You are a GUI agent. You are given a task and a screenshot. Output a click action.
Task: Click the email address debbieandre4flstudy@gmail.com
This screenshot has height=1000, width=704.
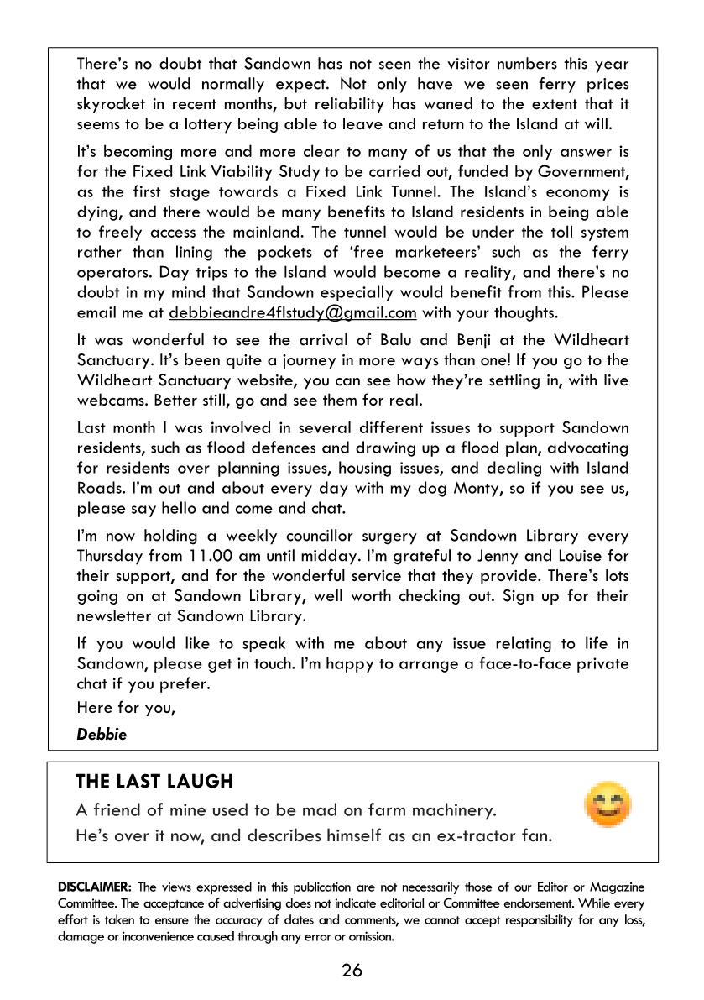tap(292, 313)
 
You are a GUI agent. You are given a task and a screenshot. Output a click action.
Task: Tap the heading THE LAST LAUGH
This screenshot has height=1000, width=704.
tap(154, 782)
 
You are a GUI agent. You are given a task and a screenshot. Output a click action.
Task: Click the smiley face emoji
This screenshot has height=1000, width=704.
tap(608, 805)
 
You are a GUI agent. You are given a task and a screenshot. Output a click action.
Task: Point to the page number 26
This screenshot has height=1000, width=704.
tap(352, 971)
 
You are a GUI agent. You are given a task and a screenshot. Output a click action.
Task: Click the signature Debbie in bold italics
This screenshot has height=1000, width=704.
tap(102, 734)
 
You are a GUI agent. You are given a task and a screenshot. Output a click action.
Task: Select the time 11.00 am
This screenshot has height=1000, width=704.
tap(214, 556)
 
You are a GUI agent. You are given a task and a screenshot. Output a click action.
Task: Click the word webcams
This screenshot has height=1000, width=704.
tap(112, 401)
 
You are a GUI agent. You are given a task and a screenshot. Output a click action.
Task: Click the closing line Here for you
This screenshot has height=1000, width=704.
tap(126, 707)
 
